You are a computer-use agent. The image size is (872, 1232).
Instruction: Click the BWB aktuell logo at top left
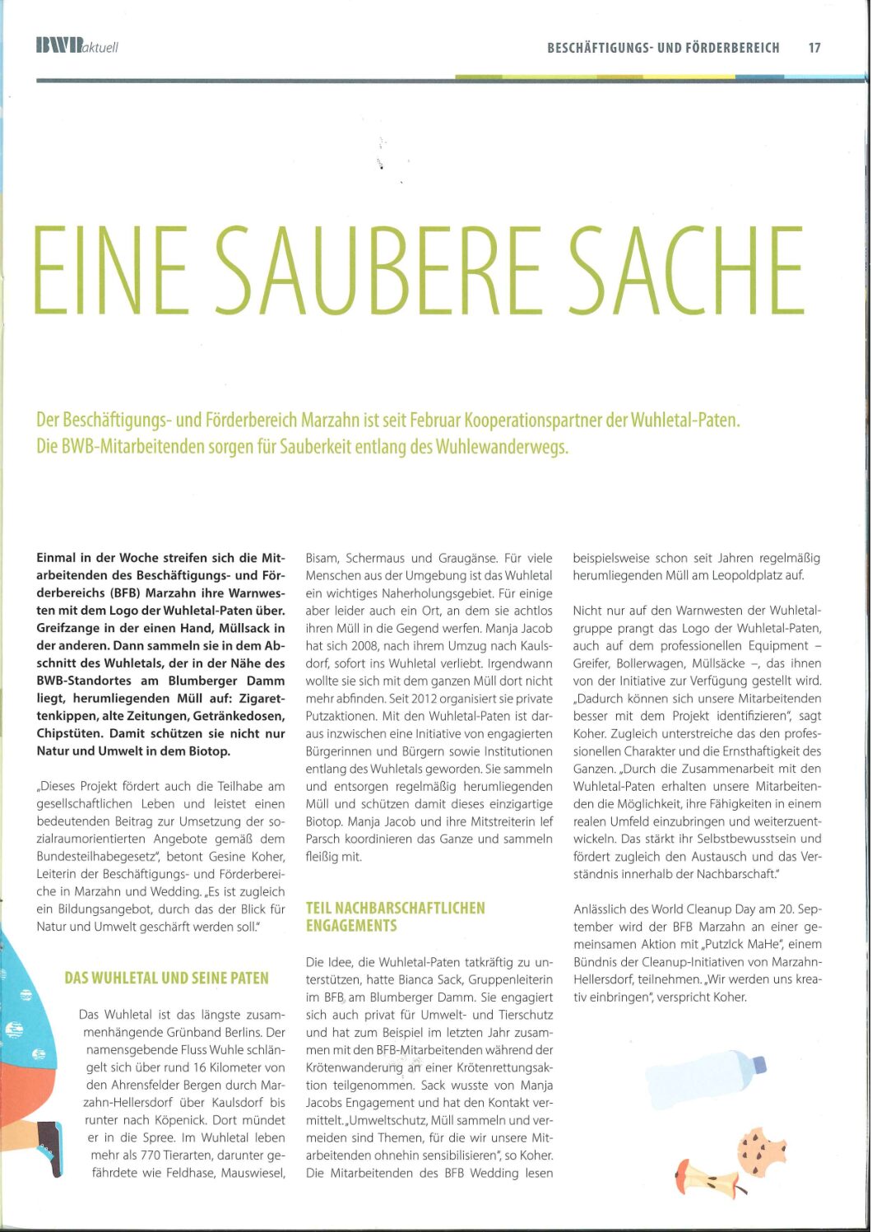[x=77, y=46]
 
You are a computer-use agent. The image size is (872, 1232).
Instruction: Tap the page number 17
[x=814, y=48]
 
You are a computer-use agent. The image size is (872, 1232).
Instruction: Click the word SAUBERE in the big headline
[x=382, y=272]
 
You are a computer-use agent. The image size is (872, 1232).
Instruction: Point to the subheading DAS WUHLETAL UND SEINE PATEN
[x=166, y=979]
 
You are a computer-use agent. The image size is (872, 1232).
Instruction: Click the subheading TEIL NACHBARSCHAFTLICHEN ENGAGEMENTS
[x=395, y=917]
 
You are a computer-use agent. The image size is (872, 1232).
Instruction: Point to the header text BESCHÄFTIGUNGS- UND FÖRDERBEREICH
[x=663, y=48]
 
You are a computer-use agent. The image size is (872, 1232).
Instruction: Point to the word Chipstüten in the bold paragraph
[x=69, y=733]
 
